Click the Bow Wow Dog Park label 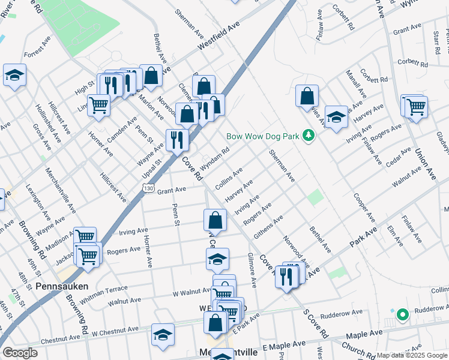point(262,136)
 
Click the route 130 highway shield point(149,188)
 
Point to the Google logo point(20,353)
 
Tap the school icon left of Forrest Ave point(14,76)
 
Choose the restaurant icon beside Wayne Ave point(176,141)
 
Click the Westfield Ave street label point(219,41)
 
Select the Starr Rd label point(436,41)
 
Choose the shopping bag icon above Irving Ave point(215,220)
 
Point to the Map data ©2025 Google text point(412,355)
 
